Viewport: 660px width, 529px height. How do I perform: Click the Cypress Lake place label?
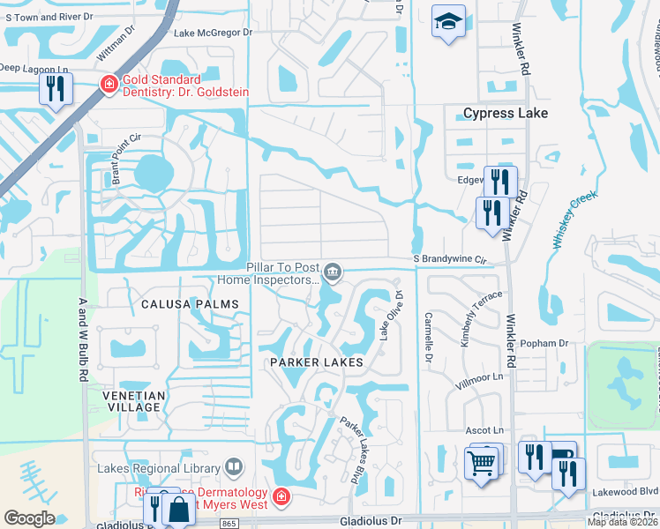tap(506, 113)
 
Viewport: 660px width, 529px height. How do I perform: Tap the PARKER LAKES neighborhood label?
tap(316, 362)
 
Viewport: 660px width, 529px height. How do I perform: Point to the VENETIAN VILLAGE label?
tap(131, 401)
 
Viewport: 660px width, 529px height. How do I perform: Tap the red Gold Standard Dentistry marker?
tap(108, 85)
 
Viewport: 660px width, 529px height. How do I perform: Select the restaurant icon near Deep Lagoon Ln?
tap(55, 88)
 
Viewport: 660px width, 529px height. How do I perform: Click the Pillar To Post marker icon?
tap(333, 272)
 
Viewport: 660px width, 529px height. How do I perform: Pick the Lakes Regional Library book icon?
tap(234, 466)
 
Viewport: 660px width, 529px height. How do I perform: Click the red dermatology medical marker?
tap(281, 497)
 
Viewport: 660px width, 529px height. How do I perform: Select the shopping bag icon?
tap(178, 510)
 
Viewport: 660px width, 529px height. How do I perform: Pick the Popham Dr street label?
tap(544, 343)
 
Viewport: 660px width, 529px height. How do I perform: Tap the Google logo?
tap(29, 518)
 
